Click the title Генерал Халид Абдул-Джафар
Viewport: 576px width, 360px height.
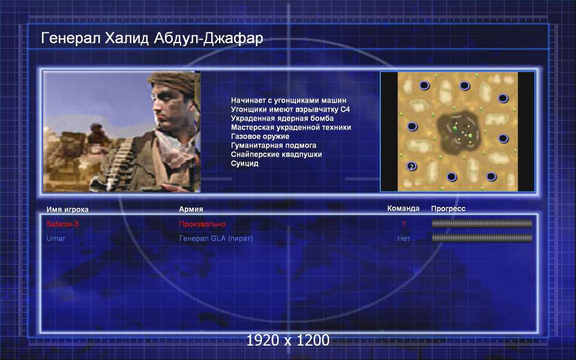click(152, 38)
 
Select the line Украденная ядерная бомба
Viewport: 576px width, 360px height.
click(282, 118)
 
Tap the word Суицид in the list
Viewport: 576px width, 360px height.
click(245, 163)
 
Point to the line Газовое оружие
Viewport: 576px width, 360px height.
click(260, 136)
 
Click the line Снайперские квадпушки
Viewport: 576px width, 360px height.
click(276, 154)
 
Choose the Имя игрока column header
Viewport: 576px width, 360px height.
click(67, 209)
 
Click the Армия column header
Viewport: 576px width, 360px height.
click(191, 209)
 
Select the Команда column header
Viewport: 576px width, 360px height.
click(403, 208)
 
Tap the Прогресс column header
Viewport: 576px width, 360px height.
click(448, 209)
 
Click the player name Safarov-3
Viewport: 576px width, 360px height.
click(62, 224)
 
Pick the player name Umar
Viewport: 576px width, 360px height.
click(56, 238)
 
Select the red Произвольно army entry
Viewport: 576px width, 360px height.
click(202, 224)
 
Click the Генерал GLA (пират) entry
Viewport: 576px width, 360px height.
click(216, 238)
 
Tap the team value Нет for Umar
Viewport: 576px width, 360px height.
click(403, 238)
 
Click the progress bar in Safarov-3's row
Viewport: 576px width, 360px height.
click(482, 223)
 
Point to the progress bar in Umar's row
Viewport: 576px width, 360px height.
click(482, 238)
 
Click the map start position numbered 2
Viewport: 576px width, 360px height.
click(412, 166)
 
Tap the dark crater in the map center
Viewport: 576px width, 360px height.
click(457, 131)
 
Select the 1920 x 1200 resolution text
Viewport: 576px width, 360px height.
click(287, 340)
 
